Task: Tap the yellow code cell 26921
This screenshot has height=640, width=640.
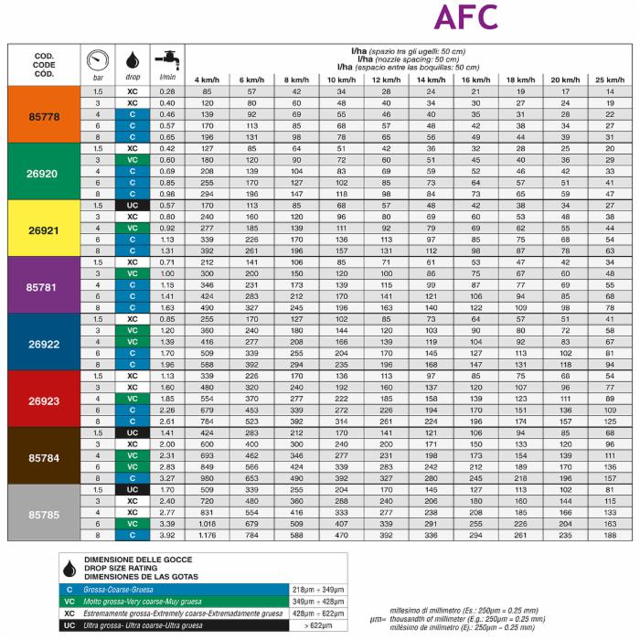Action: pos(44,228)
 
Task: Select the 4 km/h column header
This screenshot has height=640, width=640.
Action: pos(207,80)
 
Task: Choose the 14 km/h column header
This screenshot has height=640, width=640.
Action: pos(429,80)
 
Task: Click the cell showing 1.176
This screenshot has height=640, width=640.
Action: pos(207,535)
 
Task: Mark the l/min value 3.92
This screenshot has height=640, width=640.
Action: pos(166,535)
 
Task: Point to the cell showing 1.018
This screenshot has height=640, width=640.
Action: pos(207,524)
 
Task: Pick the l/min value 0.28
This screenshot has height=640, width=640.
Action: pos(166,92)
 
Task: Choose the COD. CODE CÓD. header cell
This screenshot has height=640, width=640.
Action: pos(44,66)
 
